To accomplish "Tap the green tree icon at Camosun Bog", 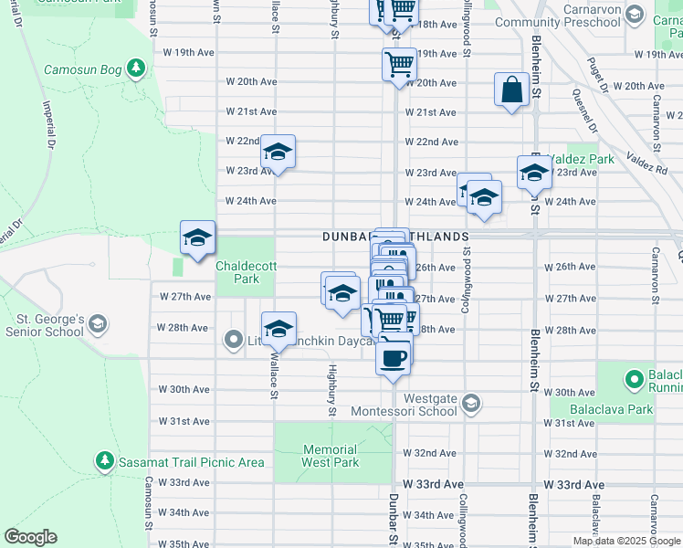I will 136,68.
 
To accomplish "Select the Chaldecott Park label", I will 244,272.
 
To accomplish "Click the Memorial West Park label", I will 330,456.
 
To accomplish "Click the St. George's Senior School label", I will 48,325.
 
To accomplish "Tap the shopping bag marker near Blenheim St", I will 510,90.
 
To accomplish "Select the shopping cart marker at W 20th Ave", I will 399,65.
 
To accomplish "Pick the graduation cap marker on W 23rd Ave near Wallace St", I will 278,152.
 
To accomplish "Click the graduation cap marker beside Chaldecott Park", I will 197,237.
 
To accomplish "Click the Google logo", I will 30,537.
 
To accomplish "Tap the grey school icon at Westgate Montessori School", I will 469,403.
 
